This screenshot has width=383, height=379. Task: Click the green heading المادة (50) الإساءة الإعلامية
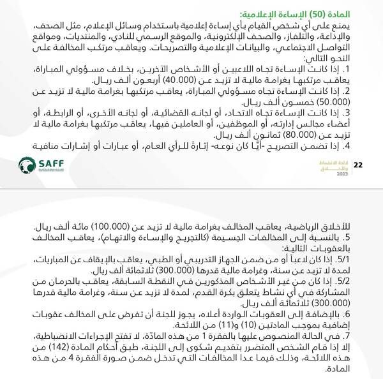304,13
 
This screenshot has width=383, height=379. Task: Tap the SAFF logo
38,165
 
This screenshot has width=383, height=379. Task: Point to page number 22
359,165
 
